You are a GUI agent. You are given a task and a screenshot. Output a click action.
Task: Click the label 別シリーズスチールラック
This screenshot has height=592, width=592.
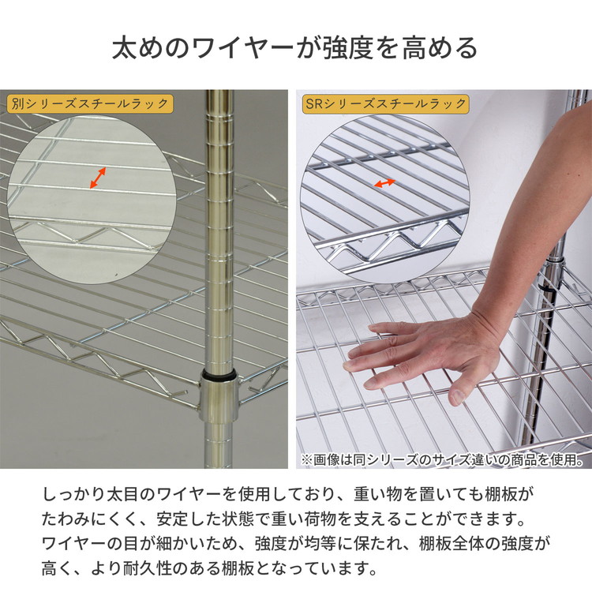point(90,104)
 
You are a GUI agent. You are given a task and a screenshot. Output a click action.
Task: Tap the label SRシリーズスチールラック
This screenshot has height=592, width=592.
point(386,104)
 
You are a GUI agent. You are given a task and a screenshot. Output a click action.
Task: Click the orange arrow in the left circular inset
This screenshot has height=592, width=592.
point(98,178)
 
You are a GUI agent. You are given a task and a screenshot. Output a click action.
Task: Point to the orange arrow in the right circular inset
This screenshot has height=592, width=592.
point(384,183)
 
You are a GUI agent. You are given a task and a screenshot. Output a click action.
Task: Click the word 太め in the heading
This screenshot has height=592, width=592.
point(137,48)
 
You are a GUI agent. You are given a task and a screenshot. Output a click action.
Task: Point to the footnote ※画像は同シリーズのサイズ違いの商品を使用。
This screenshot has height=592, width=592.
point(443,459)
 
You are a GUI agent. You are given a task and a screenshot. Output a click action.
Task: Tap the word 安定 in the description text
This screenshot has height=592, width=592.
point(173,519)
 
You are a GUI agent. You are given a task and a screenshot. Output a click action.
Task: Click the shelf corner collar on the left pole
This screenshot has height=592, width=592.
point(219,399)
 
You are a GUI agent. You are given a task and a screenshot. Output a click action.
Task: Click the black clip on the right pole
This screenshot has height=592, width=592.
point(547,289)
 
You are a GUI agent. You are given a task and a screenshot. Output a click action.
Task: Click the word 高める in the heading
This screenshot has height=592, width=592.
point(440,48)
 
